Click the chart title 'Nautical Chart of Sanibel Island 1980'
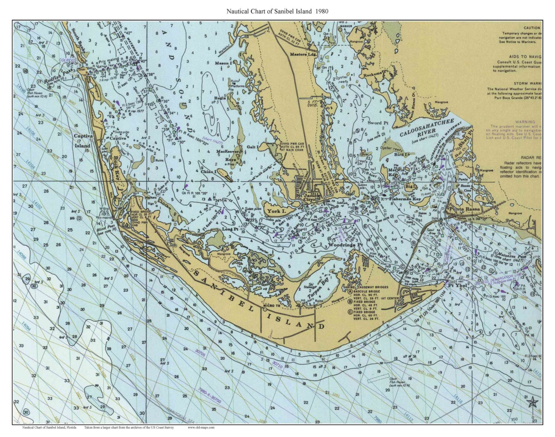277,11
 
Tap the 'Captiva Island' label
83,141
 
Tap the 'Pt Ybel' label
455,285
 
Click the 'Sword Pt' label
378,123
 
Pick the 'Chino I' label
209,172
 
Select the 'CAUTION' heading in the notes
532,28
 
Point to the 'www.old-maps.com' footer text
201,427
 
